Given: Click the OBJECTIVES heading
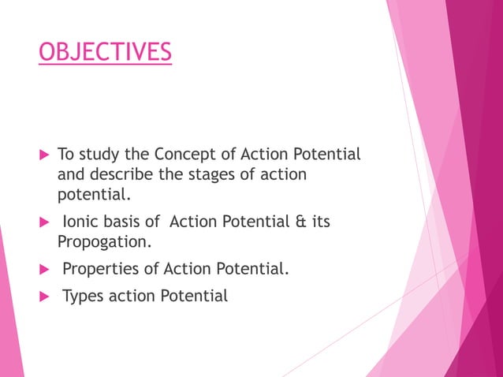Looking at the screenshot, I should pyautogui.click(x=105, y=53).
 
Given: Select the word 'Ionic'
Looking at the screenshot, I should pyautogui.click(x=80, y=222).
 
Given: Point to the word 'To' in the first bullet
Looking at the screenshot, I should pyautogui.click(x=65, y=154).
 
